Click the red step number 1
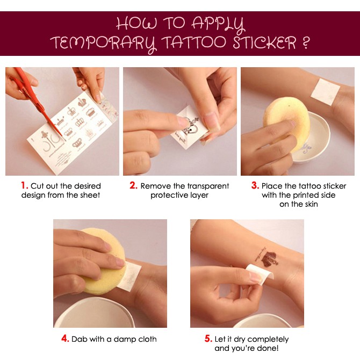24,185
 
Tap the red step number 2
133,185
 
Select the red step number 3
255,185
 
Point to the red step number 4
65,339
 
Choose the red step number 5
208,339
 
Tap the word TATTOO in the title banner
193,42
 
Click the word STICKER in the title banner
264,42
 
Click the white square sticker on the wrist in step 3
325,92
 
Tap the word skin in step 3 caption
311,204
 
